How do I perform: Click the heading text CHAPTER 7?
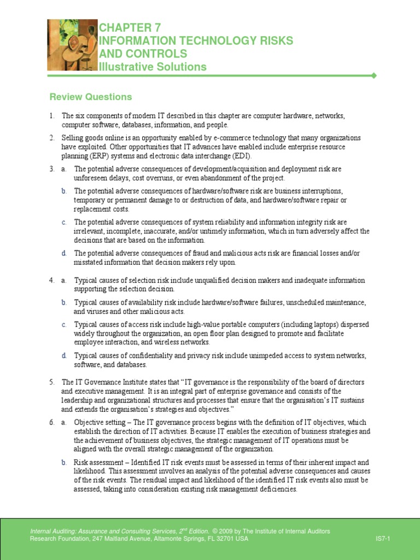coord(130,27)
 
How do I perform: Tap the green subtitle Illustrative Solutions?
coord(153,67)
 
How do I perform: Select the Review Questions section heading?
coord(91,97)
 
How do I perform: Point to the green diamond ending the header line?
coord(374,75)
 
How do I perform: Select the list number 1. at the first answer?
coord(52,116)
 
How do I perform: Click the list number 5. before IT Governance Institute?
coord(52,382)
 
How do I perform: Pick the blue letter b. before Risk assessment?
coord(64,463)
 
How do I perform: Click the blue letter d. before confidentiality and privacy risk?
coord(64,355)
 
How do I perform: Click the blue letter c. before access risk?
coord(64,324)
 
